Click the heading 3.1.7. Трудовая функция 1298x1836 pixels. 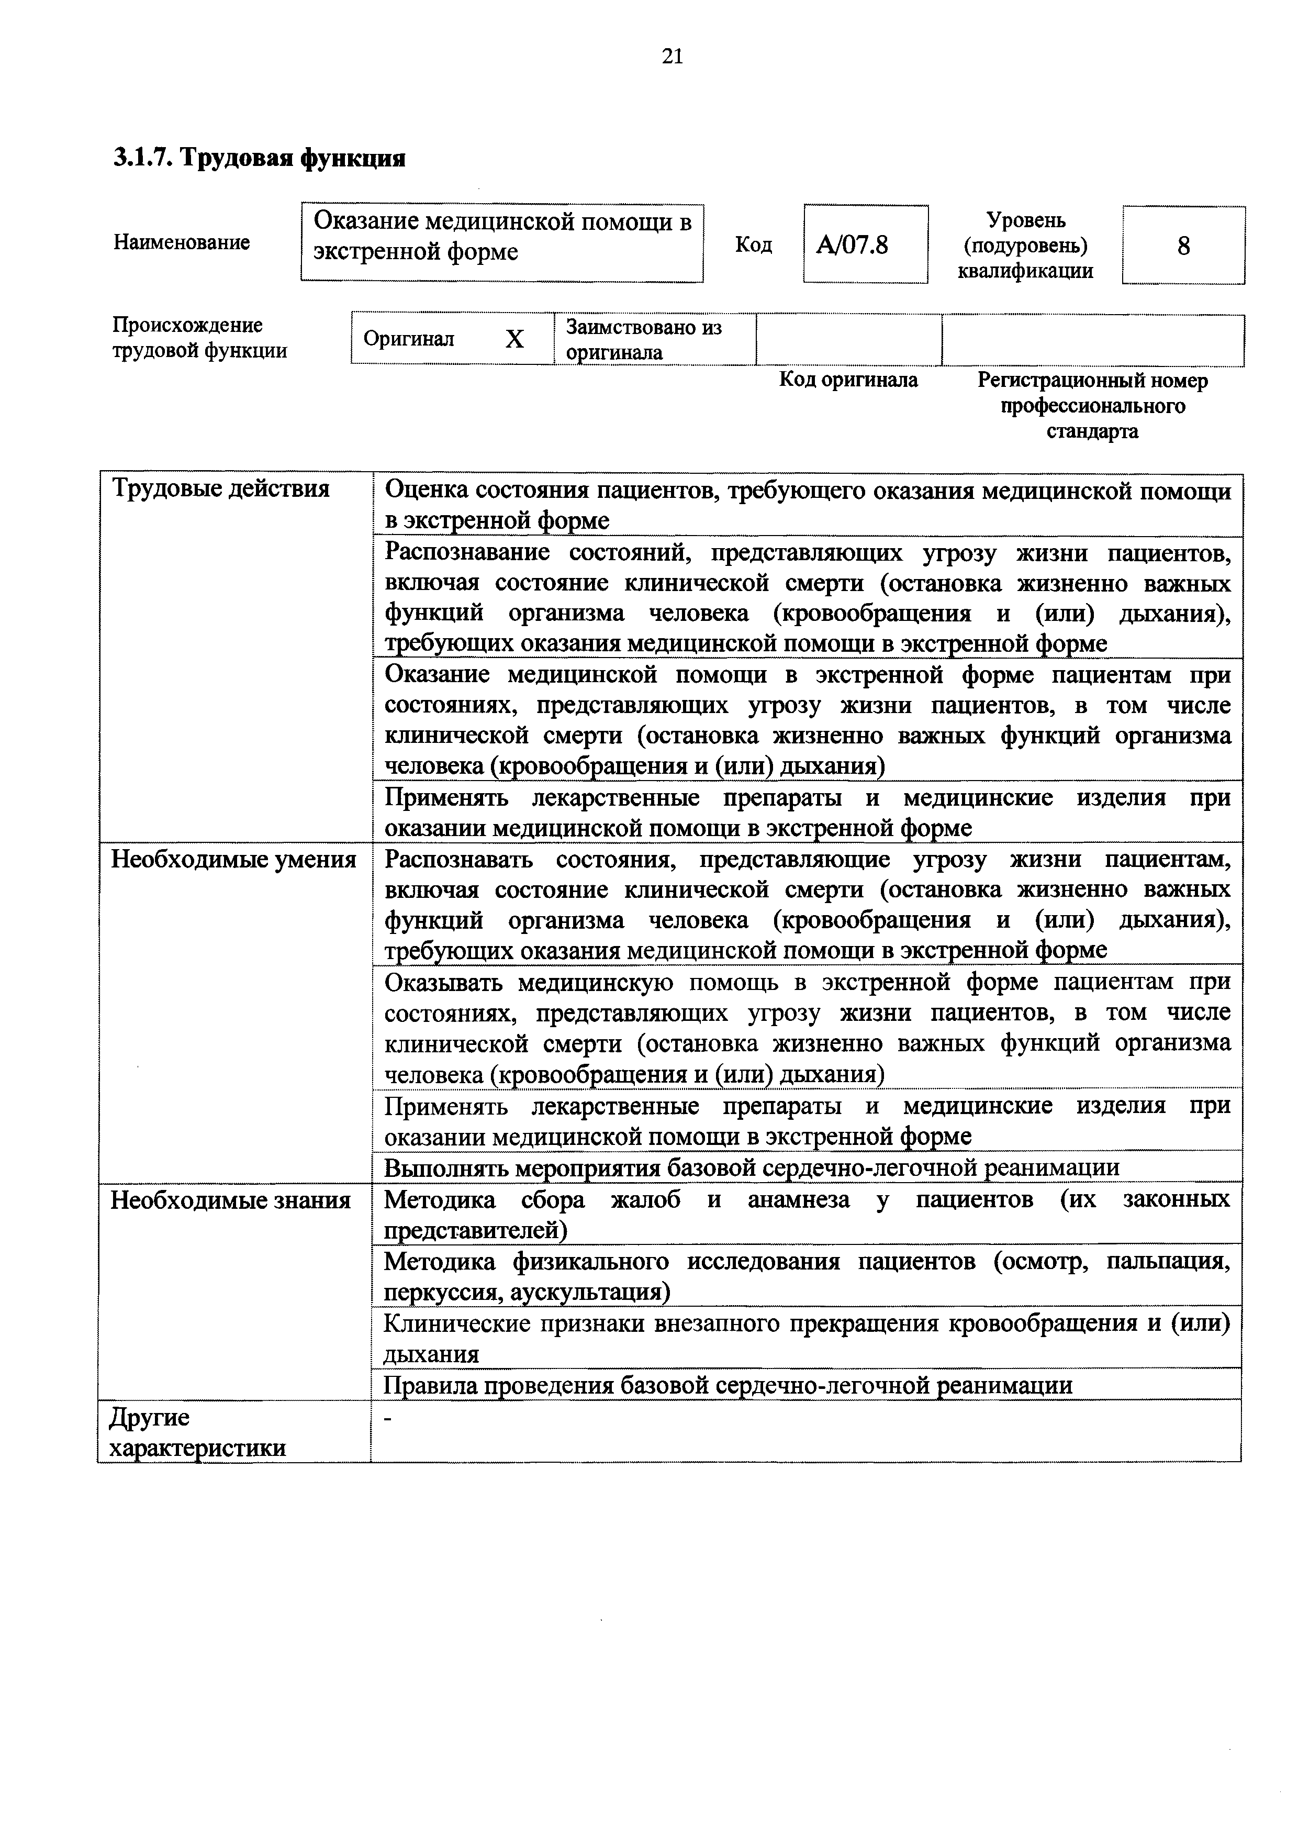259,158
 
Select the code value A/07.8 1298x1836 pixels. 852,244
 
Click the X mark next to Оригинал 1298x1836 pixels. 514,340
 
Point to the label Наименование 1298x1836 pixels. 182,242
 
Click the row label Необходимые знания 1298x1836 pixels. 230,1200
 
